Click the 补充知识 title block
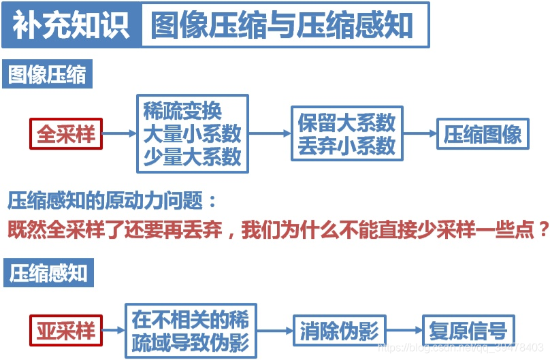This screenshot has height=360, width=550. coord(71,25)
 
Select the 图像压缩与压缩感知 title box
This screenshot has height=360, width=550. coord(285,25)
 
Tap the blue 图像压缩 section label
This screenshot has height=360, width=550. coord(48,74)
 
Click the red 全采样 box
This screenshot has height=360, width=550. coord(65,133)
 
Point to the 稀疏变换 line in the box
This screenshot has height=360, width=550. coord(182,111)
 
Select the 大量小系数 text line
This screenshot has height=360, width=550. coord(192,133)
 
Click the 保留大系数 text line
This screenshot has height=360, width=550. coord(346,122)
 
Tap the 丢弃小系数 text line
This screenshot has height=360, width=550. coord(346,145)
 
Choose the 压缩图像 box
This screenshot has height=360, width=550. coord(483,134)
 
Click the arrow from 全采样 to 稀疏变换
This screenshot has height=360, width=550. coord(119,134)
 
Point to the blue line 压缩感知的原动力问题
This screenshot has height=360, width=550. coord(112,201)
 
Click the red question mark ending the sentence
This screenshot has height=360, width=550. coord(543,229)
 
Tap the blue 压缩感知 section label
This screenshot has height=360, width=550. coord(48,273)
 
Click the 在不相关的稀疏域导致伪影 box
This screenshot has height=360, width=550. coord(191,331)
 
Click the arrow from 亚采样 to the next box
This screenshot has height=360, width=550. coord(114,331)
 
